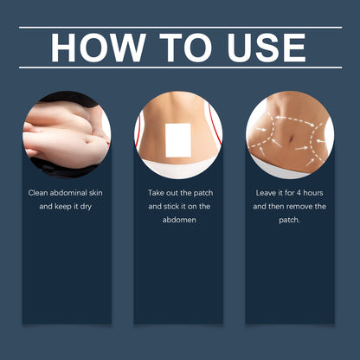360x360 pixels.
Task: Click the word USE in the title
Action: tap(265, 48)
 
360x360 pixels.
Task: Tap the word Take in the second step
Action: tap(157, 193)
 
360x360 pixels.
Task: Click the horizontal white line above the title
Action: tap(180, 27)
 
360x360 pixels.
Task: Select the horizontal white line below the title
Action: tap(180, 67)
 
